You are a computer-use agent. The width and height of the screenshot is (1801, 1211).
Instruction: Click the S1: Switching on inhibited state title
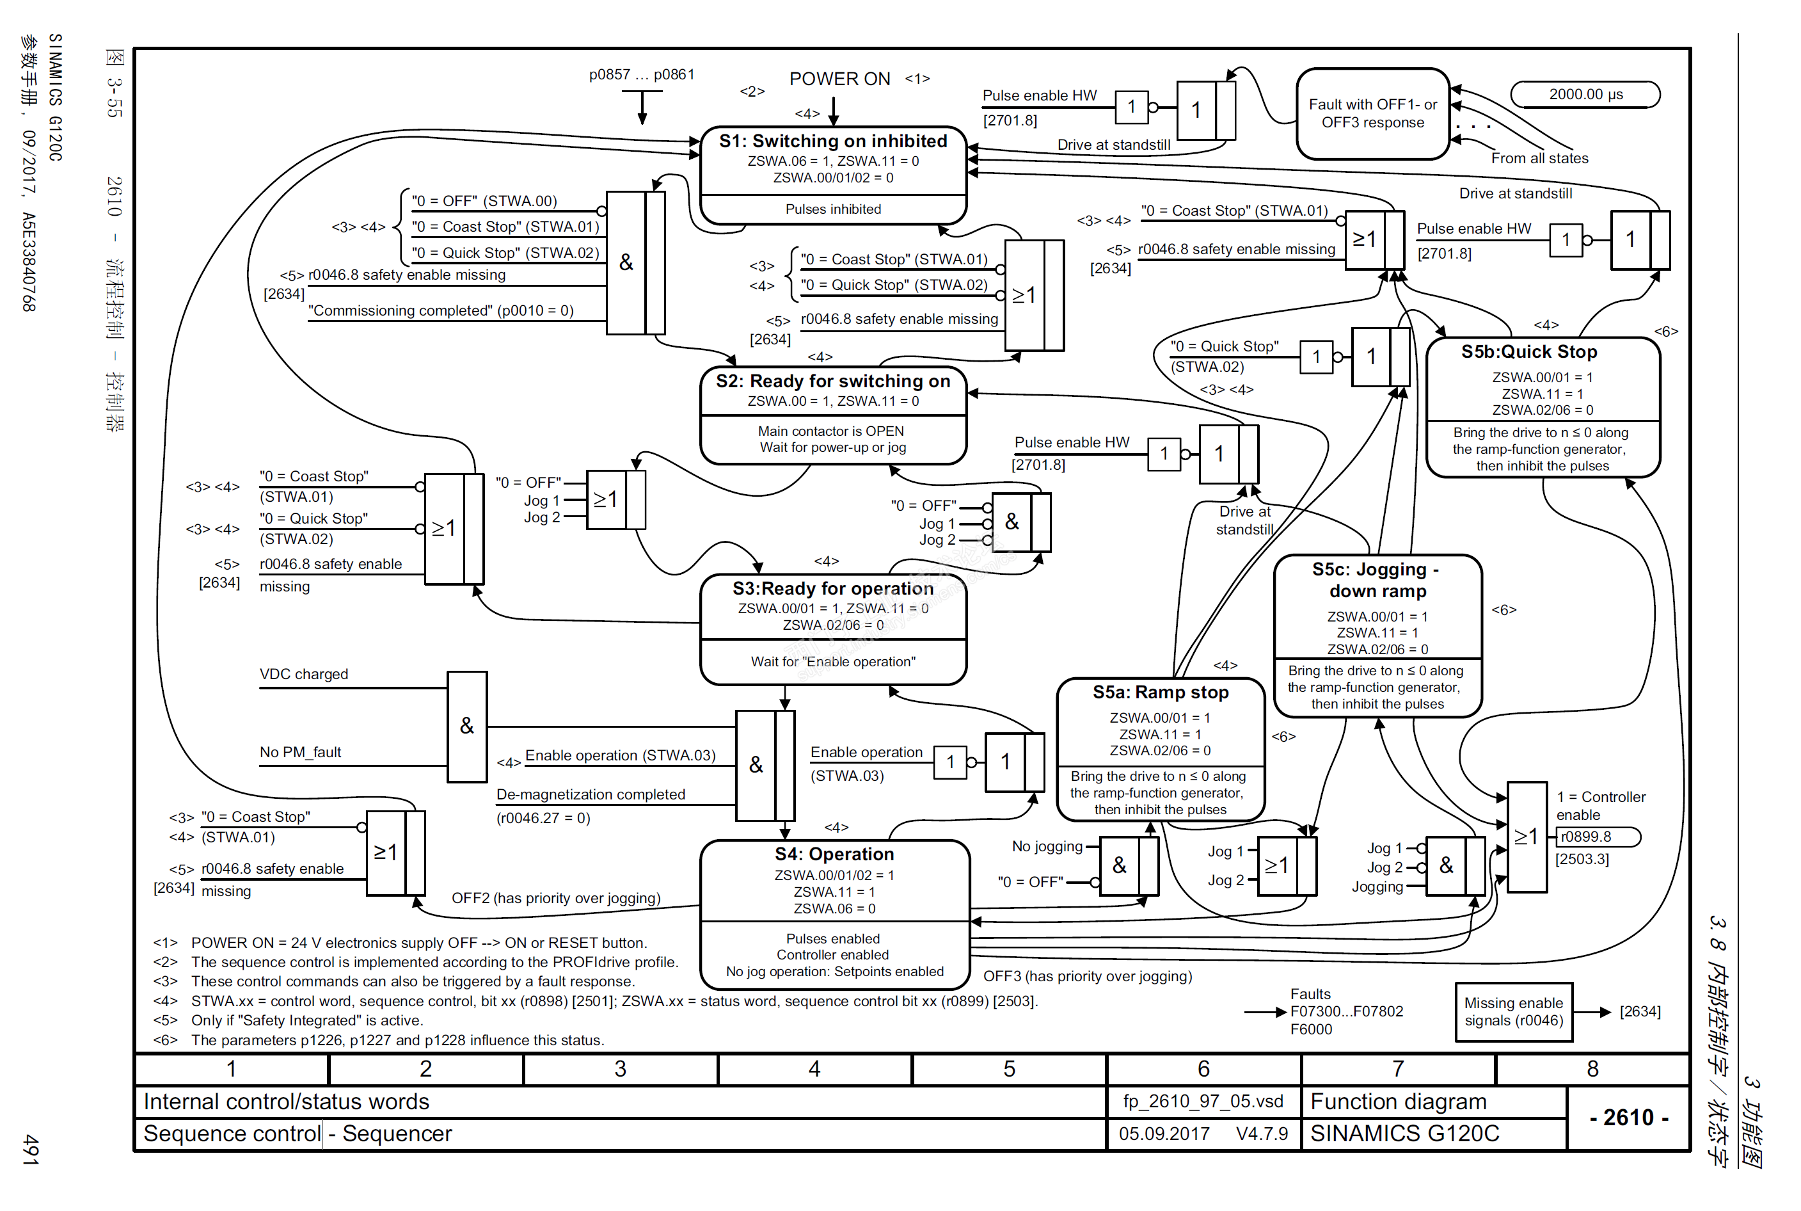pyautogui.click(x=832, y=141)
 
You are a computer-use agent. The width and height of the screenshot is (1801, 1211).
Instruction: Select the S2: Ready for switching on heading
pyautogui.click(x=832, y=381)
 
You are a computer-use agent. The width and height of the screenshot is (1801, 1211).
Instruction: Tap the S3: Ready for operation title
pyautogui.click(x=832, y=588)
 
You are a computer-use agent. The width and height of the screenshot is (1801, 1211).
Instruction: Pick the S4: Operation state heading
pyautogui.click(x=834, y=854)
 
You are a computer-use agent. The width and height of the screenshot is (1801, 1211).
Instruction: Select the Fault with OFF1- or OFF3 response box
pyautogui.click(x=1372, y=113)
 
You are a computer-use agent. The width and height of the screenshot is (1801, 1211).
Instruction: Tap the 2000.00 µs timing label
pyautogui.click(x=1585, y=94)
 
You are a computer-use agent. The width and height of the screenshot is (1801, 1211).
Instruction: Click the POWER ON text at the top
pyautogui.click(x=839, y=79)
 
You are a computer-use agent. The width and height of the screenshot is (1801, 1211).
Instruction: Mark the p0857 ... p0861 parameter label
pyautogui.click(x=642, y=75)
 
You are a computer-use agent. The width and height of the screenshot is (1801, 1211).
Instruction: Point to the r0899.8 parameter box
pyautogui.click(x=1597, y=837)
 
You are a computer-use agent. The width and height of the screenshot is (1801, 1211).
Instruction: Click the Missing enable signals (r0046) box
pyautogui.click(x=1513, y=1012)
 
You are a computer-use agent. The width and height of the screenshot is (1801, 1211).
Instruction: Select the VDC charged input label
pyautogui.click(x=303, y=674)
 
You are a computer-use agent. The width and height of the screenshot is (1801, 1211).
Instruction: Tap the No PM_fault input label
pyautogui.click(x=300, y=752)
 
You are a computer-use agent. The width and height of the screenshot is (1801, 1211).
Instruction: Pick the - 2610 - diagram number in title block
pyautogui.click(x=1628, y=1118)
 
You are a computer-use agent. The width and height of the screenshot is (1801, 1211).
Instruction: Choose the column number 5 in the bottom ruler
pyautogui.click(x=1008, y=1069)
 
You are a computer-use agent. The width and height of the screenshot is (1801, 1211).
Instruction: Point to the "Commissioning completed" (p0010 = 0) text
pyautogui.click(x=441, y=310)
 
